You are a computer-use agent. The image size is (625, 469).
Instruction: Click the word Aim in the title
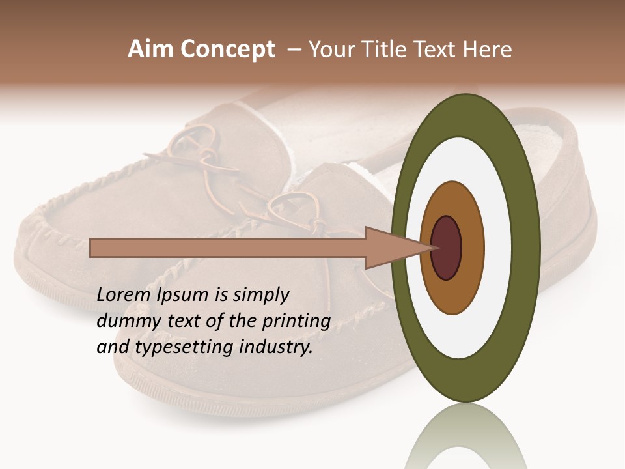pyautogui.click(x=150, y=50)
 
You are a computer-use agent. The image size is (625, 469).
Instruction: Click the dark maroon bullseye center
pyautogui.click(x=447, y=248)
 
